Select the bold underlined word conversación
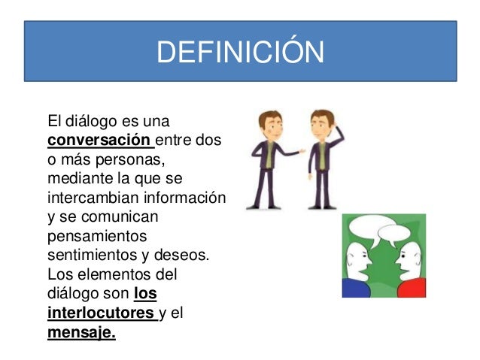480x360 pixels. coord(99,140)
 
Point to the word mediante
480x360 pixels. coord(74,180)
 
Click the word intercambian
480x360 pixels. coord(93,199)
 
